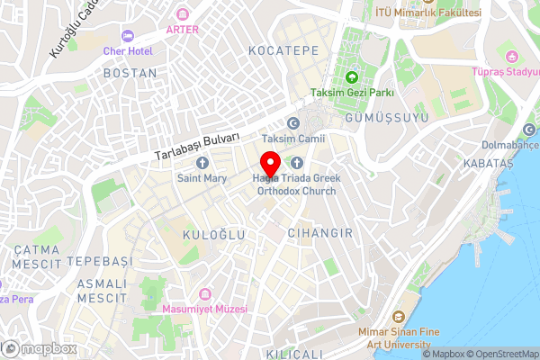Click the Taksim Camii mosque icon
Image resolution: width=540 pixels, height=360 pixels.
click(292, 123)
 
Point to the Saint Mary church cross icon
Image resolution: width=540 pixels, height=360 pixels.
click(202, 163)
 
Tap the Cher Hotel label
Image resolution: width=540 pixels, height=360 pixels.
click(129, 50)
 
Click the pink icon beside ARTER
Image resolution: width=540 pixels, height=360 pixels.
click(184, 13)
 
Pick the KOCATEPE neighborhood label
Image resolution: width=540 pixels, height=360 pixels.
click(284, 51)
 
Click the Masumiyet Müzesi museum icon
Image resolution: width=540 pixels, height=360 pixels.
click(205, 293)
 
